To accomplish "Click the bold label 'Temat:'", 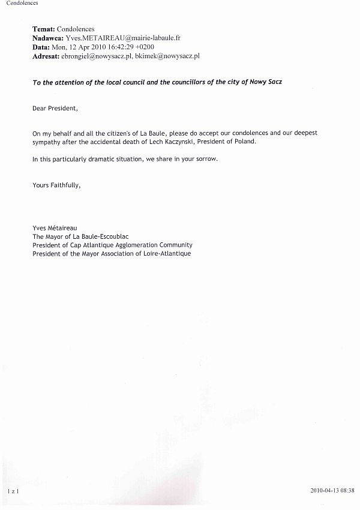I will (x=44, y=29).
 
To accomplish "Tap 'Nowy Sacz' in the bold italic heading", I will (x=266, y=82).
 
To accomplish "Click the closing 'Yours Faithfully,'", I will (x=56, y=185).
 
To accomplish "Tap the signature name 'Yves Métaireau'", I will (x=55, y=228).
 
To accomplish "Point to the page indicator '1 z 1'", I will (x=13, y=491).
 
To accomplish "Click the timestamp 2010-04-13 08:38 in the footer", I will (x=332, y=491).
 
